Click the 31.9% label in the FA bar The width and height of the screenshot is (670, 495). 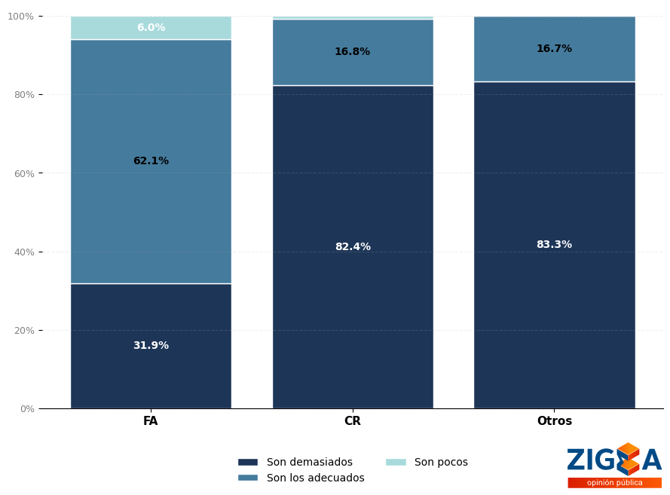coord(151,346)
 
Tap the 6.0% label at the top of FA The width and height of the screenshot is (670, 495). coord(151,28)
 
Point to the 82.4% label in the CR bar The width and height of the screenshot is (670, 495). coord(353,247)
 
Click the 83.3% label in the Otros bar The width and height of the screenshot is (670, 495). coord(554,245)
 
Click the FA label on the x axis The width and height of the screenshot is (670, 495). coord(151,421)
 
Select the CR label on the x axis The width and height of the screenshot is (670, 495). coord(353,421)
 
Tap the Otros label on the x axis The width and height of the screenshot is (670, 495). coord(554,421)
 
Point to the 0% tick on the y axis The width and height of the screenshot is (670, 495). coord(26,409)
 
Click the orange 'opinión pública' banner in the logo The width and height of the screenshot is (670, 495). coord(614,483)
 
